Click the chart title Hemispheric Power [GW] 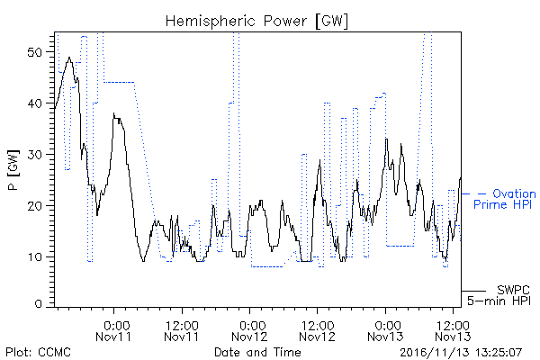coord(256,22)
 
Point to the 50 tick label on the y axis coord(34,52)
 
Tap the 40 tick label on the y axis coord(34,103)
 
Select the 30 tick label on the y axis coord(34,155)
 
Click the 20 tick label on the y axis coord(34,206)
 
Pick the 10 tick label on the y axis coord(34,257)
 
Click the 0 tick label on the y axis coord(39,304)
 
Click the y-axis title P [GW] coord(13,170)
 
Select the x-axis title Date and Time coord(257,352)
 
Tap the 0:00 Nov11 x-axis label coord(113,331)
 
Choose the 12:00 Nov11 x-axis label coord(182,331)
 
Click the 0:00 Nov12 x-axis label coord(249,331)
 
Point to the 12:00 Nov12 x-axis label coord(317,331)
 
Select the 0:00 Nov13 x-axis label coord(385,331)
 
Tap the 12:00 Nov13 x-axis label coord(453,331)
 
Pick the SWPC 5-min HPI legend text coord(499,295)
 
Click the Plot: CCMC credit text coord(38,352)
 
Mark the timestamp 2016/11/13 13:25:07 coord(461,353)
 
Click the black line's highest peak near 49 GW coord(69,58)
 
